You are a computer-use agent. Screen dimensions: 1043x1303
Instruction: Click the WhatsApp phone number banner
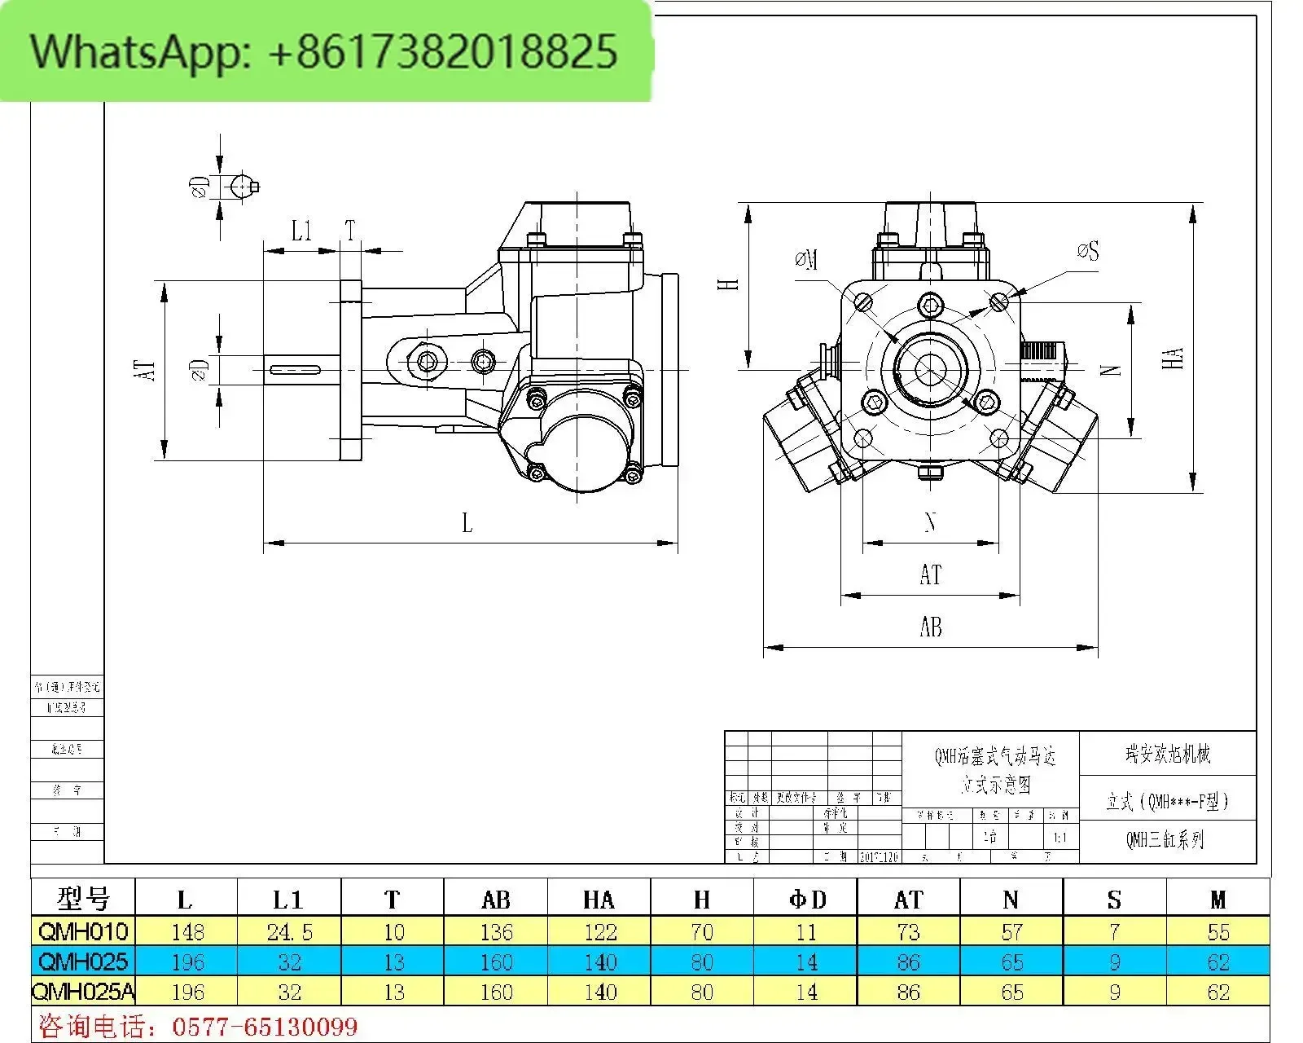326,51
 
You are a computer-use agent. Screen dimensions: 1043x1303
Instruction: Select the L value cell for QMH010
187,931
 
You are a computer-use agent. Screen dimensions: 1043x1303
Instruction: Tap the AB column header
496,900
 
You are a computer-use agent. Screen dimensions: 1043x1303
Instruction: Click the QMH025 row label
83,962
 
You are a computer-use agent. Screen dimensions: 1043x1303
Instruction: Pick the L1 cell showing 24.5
289,931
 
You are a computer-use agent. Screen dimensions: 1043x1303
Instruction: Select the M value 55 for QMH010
1218,931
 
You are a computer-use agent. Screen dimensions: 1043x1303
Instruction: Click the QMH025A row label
83,992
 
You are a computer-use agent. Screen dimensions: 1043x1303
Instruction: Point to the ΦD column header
806,900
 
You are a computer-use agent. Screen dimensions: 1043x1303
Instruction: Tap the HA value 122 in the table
599,931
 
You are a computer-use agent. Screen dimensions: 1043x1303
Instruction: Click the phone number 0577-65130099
264,1026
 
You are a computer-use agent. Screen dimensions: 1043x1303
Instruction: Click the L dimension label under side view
467,523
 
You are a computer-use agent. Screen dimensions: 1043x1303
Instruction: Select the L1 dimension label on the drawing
301,231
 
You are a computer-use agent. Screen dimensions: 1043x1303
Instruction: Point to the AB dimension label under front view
930,627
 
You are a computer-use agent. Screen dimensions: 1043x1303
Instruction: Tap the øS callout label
1087,251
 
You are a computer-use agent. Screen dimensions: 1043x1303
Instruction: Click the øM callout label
806,261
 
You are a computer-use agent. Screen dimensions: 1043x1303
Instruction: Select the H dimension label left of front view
729,284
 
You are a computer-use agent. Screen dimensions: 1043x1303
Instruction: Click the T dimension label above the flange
350,231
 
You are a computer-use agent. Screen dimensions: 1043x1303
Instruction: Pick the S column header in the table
1114,900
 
